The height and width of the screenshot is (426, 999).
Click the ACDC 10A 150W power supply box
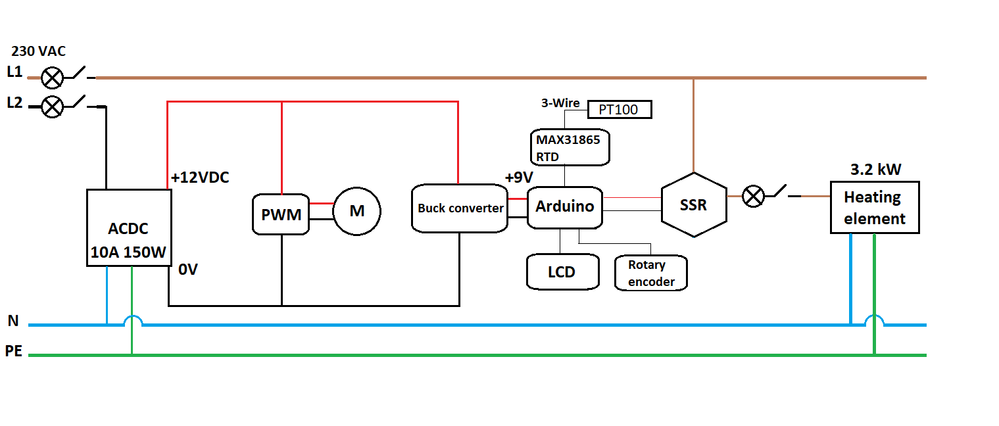point(129,227)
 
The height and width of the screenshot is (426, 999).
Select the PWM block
point(281,214)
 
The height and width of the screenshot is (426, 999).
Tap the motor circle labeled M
point(356,211)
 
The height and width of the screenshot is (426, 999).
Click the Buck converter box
point(460,208)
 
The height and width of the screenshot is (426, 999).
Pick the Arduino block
point(565,206)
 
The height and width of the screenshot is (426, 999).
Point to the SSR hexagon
point(693,204)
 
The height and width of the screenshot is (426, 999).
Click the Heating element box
point(874,207)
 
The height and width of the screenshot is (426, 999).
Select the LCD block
point(563,272)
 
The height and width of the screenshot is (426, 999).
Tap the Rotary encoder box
point(651,273)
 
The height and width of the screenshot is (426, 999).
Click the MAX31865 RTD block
point(570,147)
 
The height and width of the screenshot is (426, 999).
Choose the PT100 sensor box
point(620,109)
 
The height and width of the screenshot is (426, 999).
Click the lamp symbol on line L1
point(52,78)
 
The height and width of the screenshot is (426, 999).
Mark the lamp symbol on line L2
point(52,106)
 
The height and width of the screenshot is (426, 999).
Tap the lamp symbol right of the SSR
point(754,196)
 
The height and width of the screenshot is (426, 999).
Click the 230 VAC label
point(39,51)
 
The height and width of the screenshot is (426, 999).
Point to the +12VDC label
point(200,177)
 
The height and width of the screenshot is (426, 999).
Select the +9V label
point(519,177)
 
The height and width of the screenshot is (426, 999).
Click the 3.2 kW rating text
point(875,169)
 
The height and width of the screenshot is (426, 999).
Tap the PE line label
point(14,352)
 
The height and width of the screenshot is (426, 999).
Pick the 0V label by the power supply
point(187,270)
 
